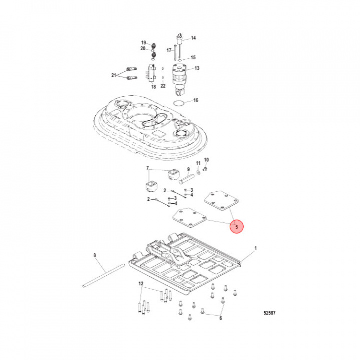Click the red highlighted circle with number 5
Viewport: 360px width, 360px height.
tap(237, 227)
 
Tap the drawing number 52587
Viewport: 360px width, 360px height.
tap(270, 314)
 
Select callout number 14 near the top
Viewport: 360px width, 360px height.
tap(193, 38)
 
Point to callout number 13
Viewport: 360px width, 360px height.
tap(197, 68)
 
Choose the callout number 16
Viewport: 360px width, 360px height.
tap(196, 100)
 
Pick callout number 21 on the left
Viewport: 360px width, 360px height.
tap(114, 75)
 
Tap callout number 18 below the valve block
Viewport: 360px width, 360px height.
tap(153, 87)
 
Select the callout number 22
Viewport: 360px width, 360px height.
tap(163, 86)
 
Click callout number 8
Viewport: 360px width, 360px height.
tap(94, 256)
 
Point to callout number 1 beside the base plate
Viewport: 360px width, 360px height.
tap(255, 248)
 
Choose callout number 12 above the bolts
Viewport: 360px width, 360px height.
tap(141, 284)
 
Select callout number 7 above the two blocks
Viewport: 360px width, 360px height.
tap(147, 168)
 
